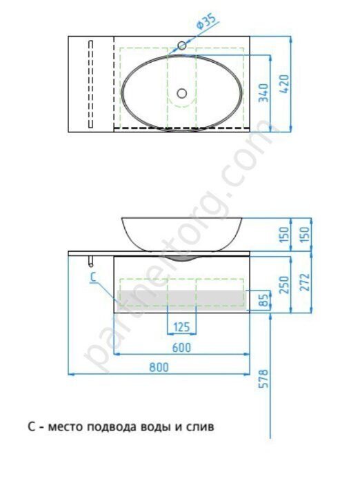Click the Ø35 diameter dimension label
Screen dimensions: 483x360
[207, 25]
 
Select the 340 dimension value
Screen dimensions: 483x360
[263, 92]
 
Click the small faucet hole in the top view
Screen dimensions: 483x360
[182, 46]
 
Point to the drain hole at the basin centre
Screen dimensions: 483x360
[182, 92]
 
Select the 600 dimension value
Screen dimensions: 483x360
[181, 348]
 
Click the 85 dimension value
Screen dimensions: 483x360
[263, 299]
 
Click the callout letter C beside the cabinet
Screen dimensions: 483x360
[92, 277]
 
